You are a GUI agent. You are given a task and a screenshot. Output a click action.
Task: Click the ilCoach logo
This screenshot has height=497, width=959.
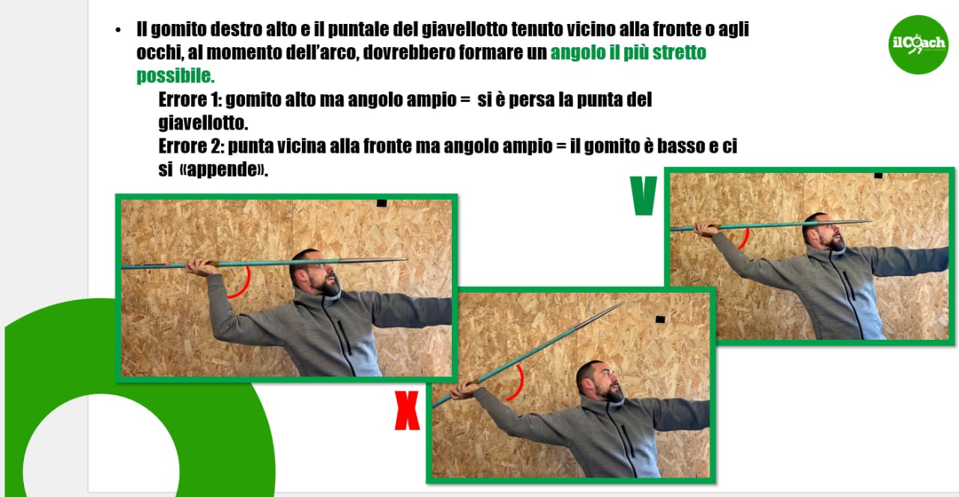point(918,44)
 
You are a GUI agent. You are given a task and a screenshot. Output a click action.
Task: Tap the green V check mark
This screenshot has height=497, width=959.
point(644,195)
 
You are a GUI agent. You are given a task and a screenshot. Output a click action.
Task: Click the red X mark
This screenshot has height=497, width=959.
point(407,410)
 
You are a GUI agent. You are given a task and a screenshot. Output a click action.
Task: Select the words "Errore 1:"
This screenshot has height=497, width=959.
point(190,100)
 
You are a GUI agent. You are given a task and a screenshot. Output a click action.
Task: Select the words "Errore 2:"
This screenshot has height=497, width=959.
point(191,146)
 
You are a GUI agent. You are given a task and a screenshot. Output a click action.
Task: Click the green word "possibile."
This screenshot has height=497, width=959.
point(175,76)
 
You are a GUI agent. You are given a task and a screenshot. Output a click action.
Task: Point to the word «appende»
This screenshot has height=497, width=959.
point(224,169)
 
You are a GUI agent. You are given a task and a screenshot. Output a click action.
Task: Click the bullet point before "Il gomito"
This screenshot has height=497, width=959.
point(118,30)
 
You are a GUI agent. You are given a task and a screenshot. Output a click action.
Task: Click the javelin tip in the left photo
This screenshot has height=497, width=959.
point(407,259)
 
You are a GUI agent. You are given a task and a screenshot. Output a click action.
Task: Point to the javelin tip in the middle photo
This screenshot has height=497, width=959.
point(626,302)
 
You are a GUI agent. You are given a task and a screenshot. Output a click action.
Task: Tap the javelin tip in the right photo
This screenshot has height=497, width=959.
point(871,221)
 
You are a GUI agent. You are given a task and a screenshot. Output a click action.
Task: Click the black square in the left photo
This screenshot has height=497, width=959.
point(381,203)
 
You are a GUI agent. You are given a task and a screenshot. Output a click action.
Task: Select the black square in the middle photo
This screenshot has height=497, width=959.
point(660,320)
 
